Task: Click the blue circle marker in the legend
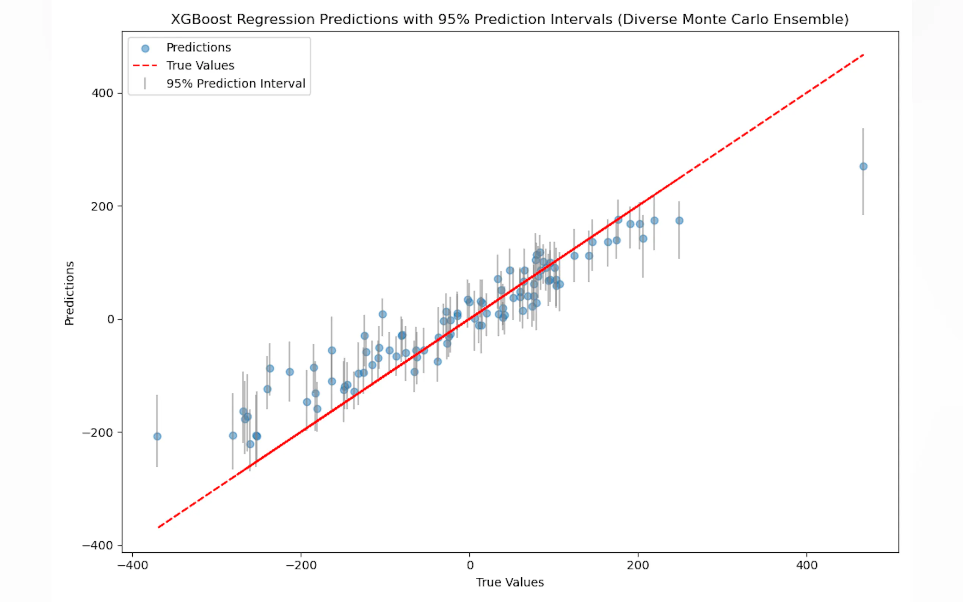click(145, 49)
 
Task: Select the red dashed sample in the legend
click(145, 66)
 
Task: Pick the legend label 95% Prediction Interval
click(236, 84)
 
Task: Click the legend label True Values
click(200, 66)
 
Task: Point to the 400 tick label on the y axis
click(102, 93)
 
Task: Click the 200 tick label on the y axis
click(102, 206)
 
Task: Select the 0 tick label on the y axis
click(110, 319)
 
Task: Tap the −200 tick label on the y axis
click(97, 433)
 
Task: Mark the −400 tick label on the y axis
click(97, 546)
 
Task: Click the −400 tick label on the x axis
click(133, 565)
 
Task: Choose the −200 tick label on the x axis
click(301, 565)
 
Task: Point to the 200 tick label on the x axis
click(638, 565)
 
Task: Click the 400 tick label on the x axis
click(806, 565)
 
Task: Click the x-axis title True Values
click(510, 583)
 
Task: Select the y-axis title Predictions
click(69, 293)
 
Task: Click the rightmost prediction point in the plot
click(863, 166)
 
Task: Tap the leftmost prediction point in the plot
click(157, 436)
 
